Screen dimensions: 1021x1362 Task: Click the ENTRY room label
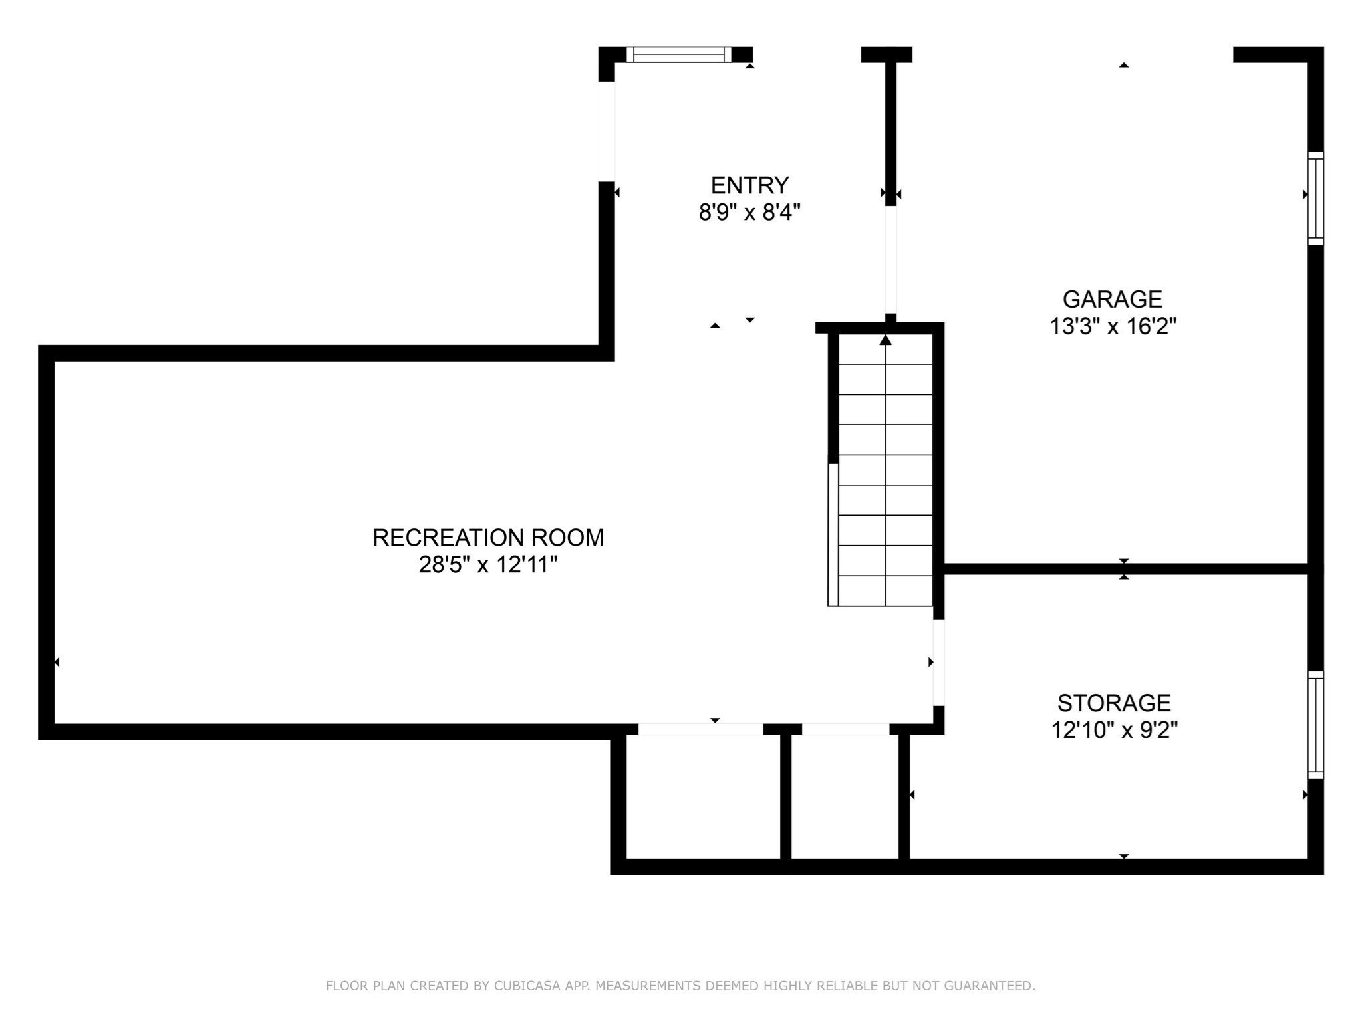(749, 185)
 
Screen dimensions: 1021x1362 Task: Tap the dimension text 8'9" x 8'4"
(749, 213)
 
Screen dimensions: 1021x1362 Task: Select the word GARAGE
(1112, 299)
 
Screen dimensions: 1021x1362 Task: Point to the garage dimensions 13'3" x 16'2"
(1113, 327)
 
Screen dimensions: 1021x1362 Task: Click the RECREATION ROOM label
(487, 538)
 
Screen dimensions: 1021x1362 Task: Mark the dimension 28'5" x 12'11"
(487, 565)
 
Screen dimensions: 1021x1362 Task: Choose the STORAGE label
(1114, 703)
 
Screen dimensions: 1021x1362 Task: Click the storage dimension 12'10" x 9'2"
(1114, 731)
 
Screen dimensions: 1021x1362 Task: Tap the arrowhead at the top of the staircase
(885, 340)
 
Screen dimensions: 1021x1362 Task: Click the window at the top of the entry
(678, 55)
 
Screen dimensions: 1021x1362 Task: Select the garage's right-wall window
(1315, 198)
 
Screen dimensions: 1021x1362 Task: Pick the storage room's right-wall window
(1315, 725)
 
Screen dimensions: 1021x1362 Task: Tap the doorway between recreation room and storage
(938, 662)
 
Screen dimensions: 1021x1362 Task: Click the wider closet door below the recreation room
(700, 729)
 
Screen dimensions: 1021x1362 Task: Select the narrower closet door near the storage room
(845, 729)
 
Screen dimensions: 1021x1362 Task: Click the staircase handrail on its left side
(833, 534)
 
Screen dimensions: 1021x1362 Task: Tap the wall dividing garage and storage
(1124, 569)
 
